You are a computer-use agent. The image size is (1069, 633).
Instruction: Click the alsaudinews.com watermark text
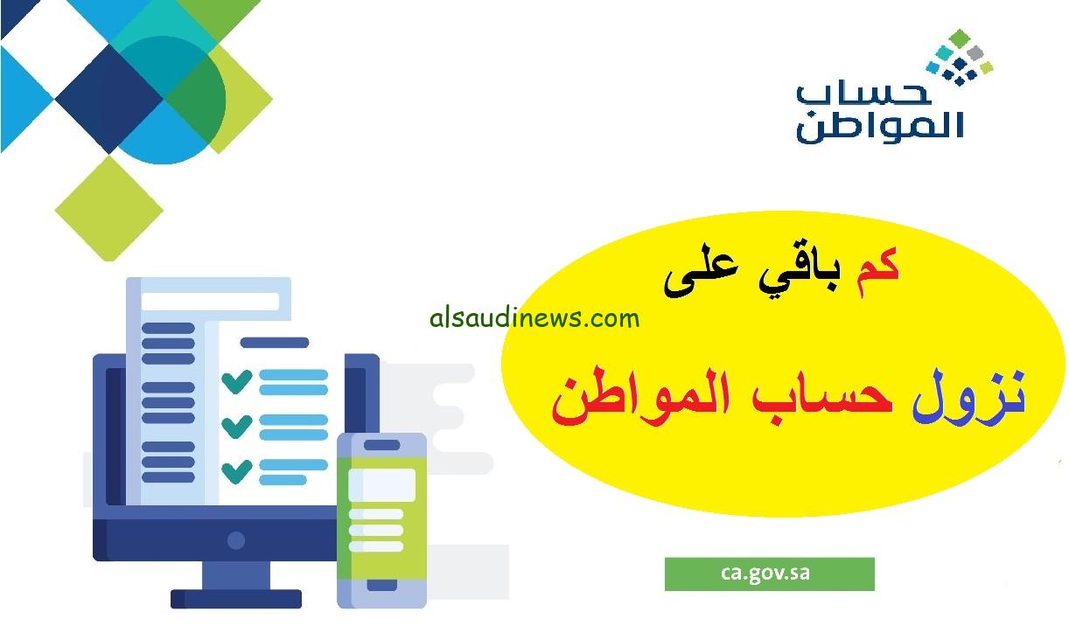coord(534,318)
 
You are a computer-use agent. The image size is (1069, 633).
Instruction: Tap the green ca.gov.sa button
coord(769,574)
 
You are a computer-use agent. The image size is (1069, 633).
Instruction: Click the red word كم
coord(877,273)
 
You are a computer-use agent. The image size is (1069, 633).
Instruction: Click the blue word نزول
coord(968,397)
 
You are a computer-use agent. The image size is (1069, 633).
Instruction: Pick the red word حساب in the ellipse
coord(821,396)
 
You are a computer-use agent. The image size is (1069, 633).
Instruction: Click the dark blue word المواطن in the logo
coord(879,126)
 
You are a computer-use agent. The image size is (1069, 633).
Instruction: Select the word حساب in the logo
coord(863,92)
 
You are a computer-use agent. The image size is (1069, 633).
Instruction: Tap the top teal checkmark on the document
coord(237,381)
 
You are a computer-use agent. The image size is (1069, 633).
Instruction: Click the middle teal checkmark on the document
coord(237,426)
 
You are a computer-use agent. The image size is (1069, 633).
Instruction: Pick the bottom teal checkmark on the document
coord(237,471)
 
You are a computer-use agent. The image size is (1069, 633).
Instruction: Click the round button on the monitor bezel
coord(235,540)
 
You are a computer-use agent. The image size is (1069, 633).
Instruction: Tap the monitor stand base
coord(235,599)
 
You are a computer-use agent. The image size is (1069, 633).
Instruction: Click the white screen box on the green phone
coord(381,484)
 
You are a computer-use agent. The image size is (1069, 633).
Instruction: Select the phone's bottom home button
coord(381,585)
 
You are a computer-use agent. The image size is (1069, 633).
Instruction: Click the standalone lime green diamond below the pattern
coord(108,209)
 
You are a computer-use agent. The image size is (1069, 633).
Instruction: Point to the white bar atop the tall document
coord(210,302)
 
